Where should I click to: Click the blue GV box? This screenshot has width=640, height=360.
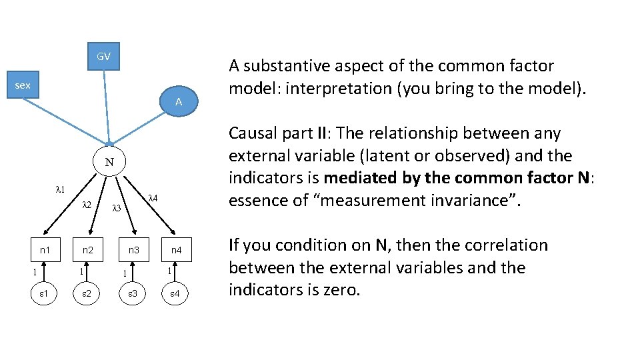click(103, 57)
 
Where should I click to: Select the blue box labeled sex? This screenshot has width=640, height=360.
click(23, 85)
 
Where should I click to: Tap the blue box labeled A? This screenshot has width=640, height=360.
click(179, 102)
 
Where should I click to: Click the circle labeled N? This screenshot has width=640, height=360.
click(109, 162)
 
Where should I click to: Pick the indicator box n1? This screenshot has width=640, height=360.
click(45, 251)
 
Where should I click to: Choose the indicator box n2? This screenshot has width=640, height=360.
click(88, 251)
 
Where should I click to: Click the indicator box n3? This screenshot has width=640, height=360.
click(133, 251)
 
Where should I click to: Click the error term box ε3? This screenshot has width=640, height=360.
click(133, 293)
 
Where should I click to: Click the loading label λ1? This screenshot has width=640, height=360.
click(59, 190)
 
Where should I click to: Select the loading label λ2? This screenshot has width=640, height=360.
click(87, 205)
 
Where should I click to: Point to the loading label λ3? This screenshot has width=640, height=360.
click(115, 208)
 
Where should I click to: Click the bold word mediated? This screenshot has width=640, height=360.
click(359, 178)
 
